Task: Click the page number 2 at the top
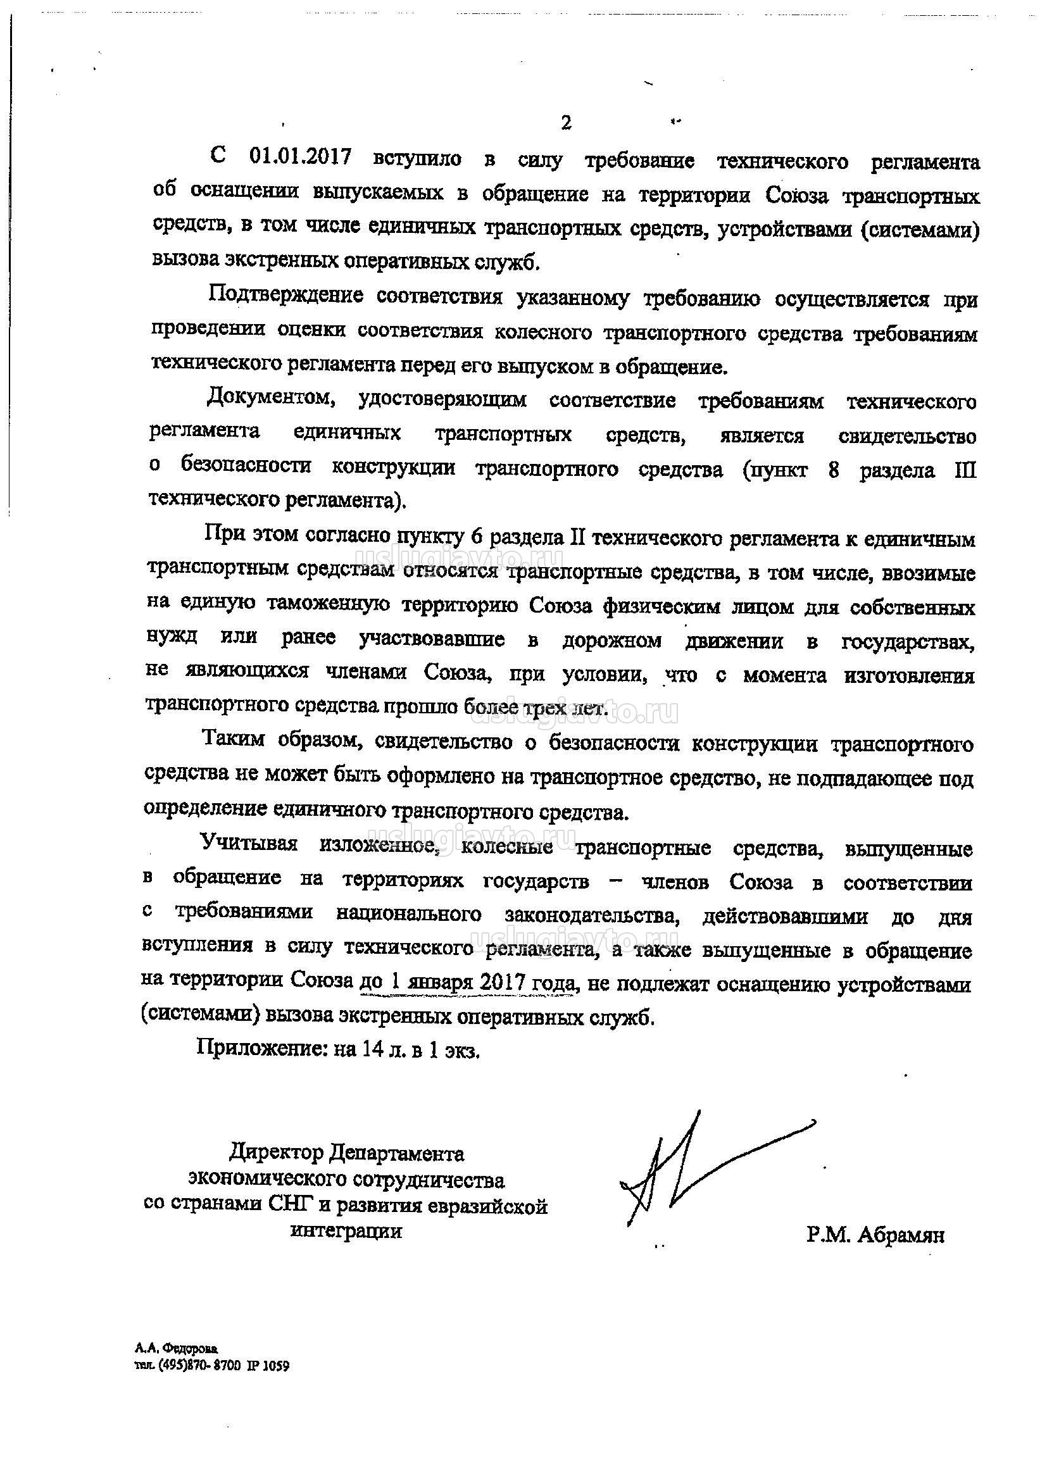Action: coord(566,123)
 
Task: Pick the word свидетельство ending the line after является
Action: coord(907,436)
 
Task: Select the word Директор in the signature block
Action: coord(277,1152)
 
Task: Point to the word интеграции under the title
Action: coord(346,1230)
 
